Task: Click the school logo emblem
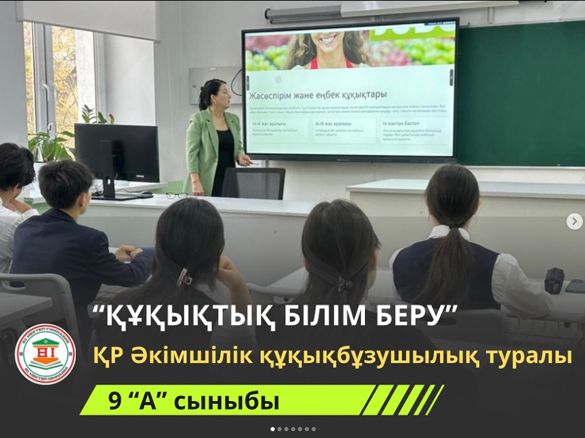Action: pyautogui.click(x=45, y=353)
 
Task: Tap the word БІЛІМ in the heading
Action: pyautogui.click(x=318, y=316)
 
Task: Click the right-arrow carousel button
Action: pyautogui.click(x=574, y=221)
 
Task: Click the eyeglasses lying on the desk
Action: pyautogui.click(x=176, y=195)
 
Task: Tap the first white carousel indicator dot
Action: pyautogui.click(x=273, y=429)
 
